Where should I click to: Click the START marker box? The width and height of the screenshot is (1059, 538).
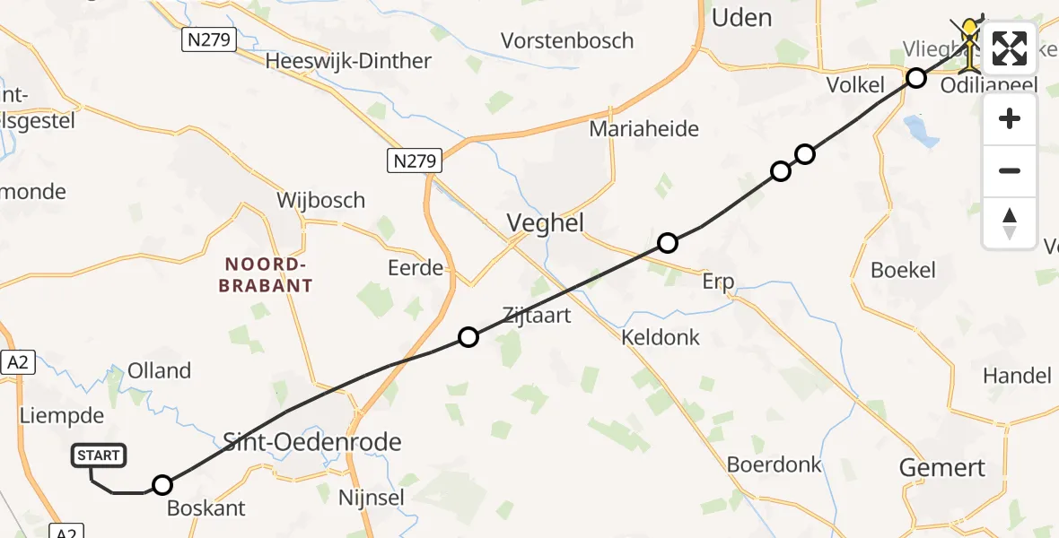click(99, 456)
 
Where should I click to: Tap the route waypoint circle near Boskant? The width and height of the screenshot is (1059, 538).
click(162, 485)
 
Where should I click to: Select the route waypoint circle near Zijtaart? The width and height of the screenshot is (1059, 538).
click(468, 337)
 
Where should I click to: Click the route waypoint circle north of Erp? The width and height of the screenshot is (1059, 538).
click(667, 242)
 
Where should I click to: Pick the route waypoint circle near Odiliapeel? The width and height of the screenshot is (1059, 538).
click(915, 78)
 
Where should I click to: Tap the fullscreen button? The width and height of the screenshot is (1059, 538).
click(1010, 48)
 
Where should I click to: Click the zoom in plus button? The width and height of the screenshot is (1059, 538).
click(1010, 118)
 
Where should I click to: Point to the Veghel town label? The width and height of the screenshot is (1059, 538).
click(546, 223)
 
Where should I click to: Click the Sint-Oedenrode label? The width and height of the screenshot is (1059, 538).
click(311, 441)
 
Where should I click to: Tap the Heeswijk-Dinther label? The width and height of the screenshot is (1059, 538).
click(348, 61)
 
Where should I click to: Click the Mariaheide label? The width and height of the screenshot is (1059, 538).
click(643, 129)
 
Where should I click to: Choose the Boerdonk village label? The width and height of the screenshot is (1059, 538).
click(774, 464)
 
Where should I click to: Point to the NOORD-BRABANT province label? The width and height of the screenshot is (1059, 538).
click(268, 274)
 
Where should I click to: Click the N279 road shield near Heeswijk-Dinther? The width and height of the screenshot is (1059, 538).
click(208, 39)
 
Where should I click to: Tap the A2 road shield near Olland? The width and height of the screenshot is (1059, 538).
click(16, 361)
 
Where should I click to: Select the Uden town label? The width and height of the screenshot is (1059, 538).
click(740, 17)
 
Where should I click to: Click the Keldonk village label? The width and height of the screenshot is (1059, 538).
click(660, 337)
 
